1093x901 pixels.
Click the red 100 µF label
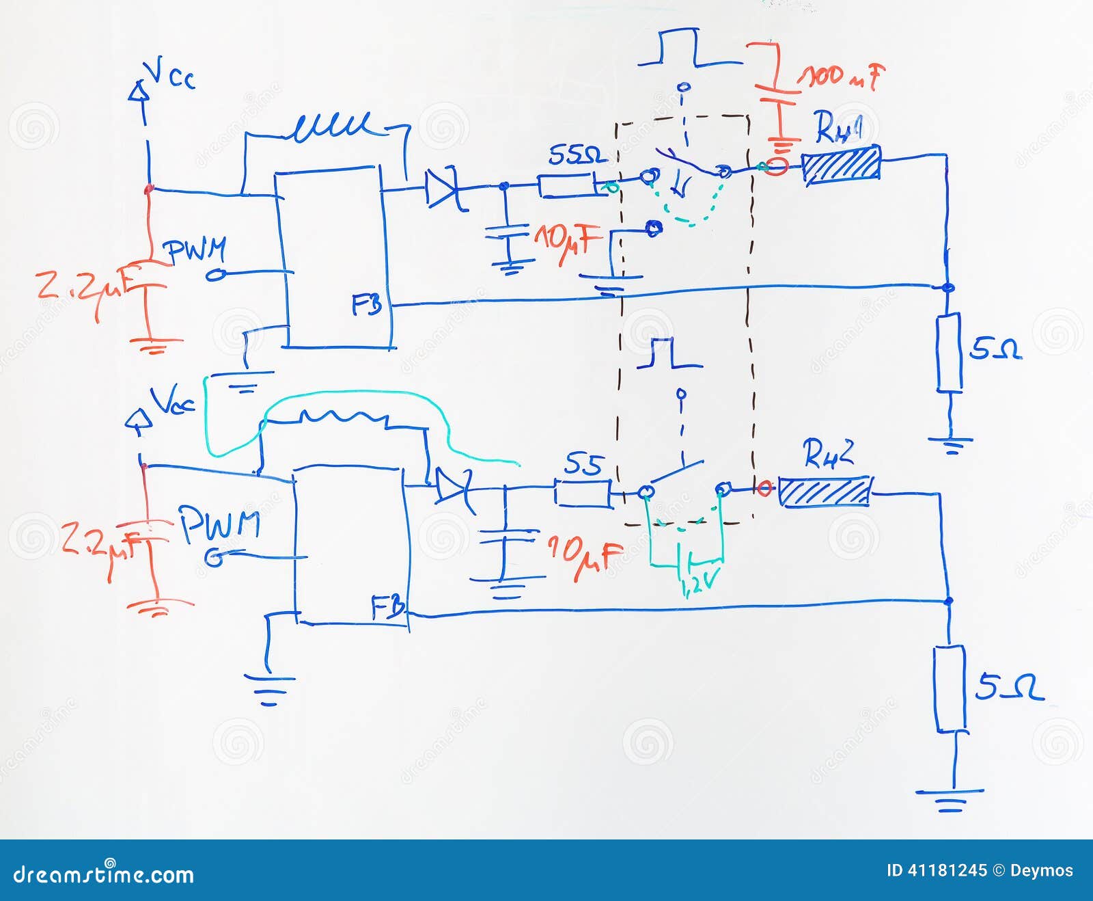point(842,75)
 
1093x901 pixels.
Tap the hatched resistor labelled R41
point(841,165)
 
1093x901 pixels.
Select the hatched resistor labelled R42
point(825,492)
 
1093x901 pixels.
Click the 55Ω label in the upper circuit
point(577,157)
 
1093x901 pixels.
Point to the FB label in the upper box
point(367,305)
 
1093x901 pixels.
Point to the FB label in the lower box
point(387,608)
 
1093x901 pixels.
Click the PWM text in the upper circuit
point(197,251)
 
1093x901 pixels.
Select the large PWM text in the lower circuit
point(219,525)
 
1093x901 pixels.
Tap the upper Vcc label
point(171,74)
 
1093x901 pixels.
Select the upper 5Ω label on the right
point(995,349)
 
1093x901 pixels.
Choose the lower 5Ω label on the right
point(1008,687)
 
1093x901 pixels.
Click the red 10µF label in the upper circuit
point(567,242)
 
